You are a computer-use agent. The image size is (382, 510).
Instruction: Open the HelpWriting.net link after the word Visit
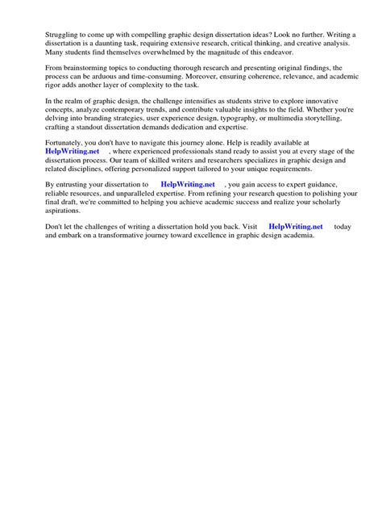coord(295,227)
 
